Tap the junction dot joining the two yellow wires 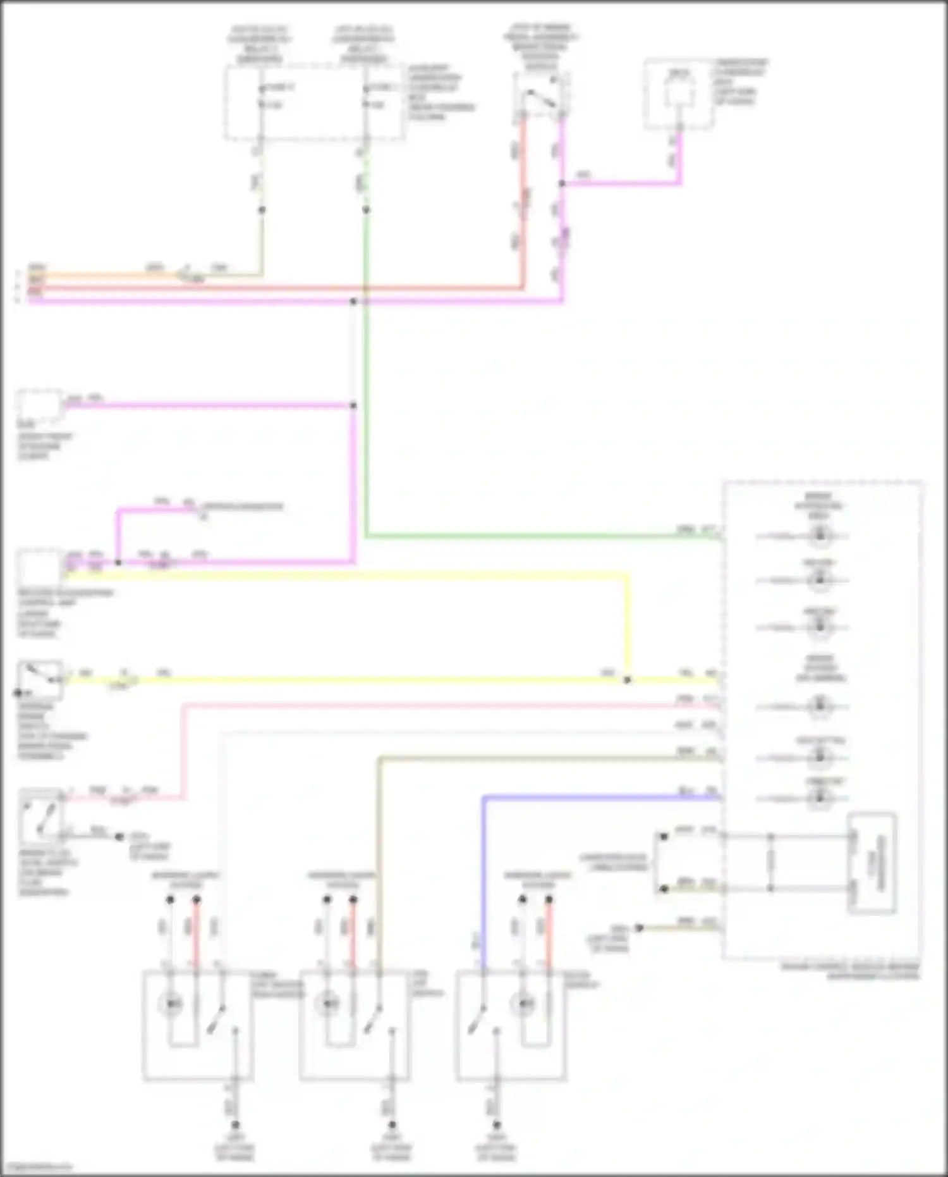click(627, 681)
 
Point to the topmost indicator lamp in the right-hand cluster click(820, 536)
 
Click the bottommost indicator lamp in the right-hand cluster click(820, 798)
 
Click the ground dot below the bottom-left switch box click(235, 1125)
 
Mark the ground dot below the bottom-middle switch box click(392, 1125)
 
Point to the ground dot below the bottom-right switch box click(497, 1125)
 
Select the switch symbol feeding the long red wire click(541, 96)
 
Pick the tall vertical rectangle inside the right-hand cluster click(872, 863)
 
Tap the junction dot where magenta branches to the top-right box click(562, 183)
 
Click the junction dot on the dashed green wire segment click(366, 209)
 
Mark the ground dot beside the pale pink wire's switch click(119, 837)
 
